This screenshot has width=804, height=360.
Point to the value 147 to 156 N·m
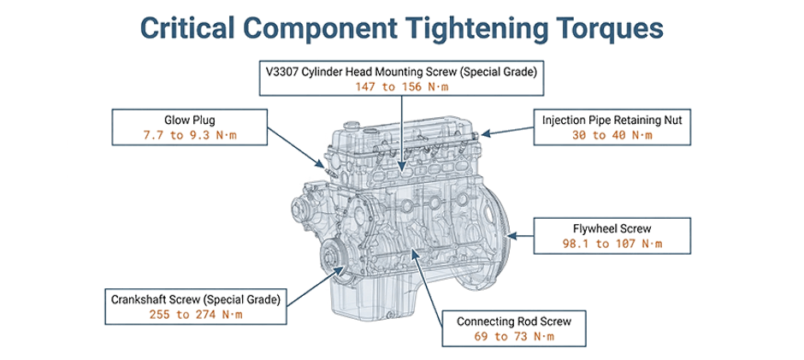[x=401, y=86]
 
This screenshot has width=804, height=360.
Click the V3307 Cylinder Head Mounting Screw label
[x=401, y=71]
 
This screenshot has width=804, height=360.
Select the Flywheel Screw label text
[x=612, y=228]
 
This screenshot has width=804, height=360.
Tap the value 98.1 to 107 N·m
[x=612, y=244]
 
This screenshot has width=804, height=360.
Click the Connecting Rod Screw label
[x=513, y=322]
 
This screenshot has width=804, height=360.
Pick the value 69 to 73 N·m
[x=513, y=337]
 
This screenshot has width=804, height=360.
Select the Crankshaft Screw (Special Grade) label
[x=196, y=299]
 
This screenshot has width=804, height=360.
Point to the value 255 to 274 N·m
[x=196, y=315]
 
